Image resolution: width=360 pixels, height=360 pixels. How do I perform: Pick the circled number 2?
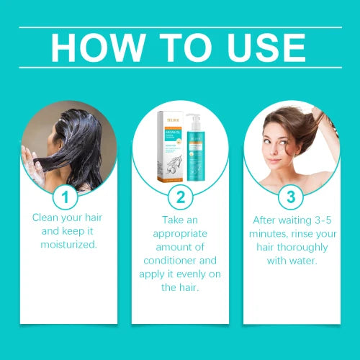click(x=180, y=196)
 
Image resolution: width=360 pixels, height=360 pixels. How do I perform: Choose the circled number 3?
click(x=292, y=196)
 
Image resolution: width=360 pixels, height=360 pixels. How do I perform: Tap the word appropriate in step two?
click(x=179, y=234)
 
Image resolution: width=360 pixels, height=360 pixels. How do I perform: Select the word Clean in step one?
click(x=47, y=217)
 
